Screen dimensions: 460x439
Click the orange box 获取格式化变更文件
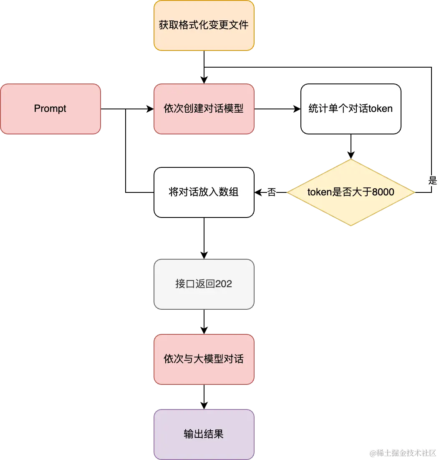tap(204, 25)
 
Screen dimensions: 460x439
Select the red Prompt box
tap(50, 109)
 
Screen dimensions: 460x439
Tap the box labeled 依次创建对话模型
tap(204, 109)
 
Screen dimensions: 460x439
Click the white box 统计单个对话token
tap(351, 109)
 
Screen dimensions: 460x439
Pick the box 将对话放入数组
tap(204, 192)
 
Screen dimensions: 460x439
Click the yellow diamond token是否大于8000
tap(351, 192)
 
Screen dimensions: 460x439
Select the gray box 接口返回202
tap(204, 284)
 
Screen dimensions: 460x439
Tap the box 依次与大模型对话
tap(204, 359)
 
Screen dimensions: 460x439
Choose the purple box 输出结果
tap(204, 435)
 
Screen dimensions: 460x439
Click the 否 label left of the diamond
tap(272, 193)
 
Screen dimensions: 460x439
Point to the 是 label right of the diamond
tap(432, 180)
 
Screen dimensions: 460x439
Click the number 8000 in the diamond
tap(383, 192)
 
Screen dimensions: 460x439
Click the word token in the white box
tap(380, 109)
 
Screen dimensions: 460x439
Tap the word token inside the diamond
tap(319, 192)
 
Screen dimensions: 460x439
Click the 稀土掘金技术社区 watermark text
tap(406, 452)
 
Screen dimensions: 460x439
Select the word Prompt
tap(50, 109)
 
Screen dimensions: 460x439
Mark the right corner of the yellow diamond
tap(414, 192)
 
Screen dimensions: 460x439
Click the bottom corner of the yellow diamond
tap(351, 225)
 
